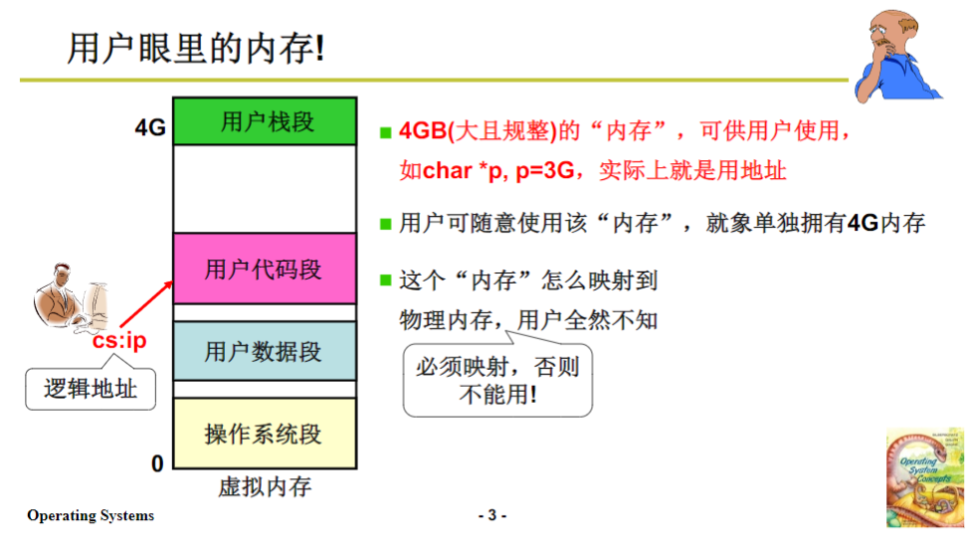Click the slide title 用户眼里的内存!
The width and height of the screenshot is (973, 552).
(195, 49)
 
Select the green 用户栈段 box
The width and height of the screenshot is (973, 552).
(265, 121)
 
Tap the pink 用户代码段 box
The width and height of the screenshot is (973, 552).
(265, 269)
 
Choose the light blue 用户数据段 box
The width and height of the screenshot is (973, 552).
(265, 350)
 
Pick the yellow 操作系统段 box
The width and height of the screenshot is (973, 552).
(265, 434)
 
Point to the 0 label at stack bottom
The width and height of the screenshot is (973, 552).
(157, 463)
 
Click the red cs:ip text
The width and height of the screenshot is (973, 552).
(120, 341)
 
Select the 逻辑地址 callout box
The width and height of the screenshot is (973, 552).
(92, 388)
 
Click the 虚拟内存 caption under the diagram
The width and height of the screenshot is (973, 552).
(265, 487)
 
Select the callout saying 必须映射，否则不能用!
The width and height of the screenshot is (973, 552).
(496, 380)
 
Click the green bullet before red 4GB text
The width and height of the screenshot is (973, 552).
(386, 133)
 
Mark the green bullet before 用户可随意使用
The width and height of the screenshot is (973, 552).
(386, 224)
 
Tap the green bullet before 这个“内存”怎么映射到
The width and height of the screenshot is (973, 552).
(386, 280)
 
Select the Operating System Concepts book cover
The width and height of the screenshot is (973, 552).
(924, 478)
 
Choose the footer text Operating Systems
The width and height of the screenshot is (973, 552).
(91, 515)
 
